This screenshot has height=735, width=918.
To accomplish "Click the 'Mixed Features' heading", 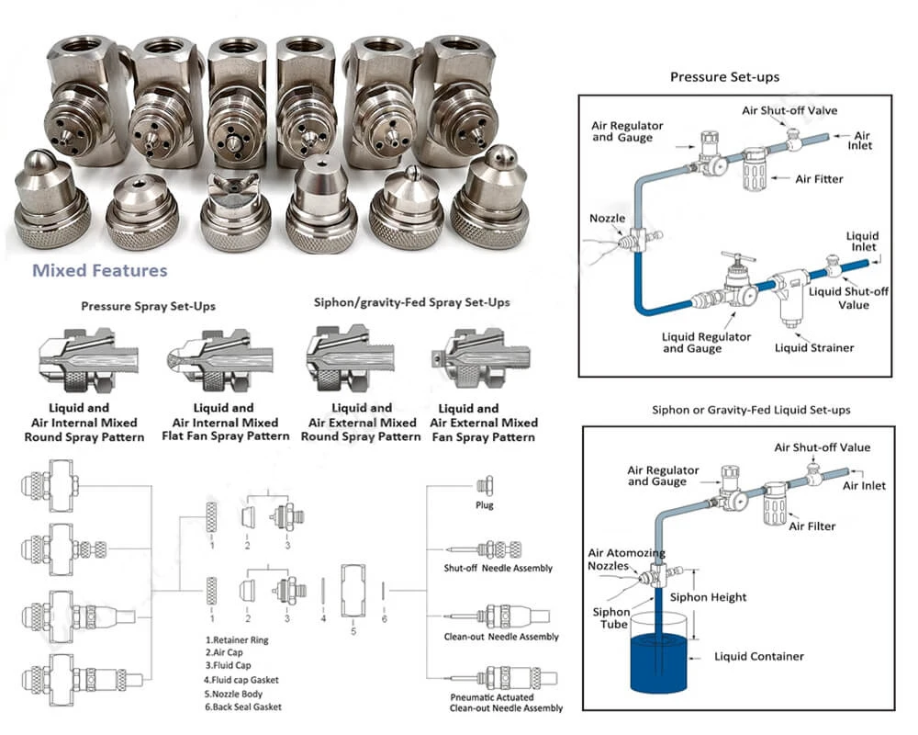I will tap(100, 271).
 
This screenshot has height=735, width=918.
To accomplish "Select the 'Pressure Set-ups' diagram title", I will tap(725, 77).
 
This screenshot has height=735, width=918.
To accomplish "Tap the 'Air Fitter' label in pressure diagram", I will tap(817, 180).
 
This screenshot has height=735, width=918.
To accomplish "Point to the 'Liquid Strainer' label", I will tap(814, 348).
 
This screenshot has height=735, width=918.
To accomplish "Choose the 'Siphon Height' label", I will tap(708, 597).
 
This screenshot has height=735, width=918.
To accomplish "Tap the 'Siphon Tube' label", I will tap(610, 617).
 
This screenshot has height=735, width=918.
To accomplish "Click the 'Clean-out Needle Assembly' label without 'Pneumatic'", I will tap(500, 637).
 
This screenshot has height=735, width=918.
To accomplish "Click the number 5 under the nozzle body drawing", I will tap(353, 631).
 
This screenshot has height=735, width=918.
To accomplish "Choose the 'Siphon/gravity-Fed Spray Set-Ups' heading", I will tap(411, 302).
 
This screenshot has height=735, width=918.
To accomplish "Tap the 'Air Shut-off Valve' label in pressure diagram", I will tap(789, 111).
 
